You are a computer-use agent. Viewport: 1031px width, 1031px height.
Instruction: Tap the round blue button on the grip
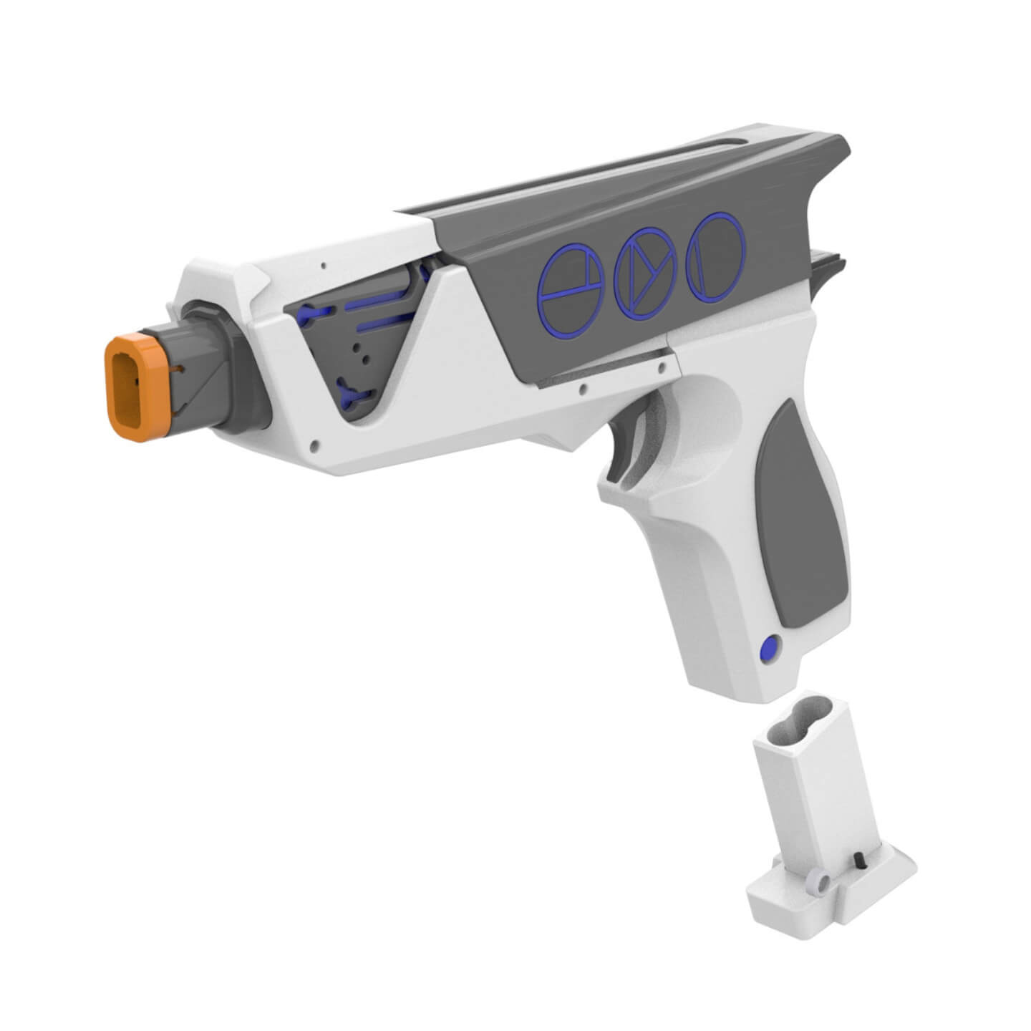tap(769, 649)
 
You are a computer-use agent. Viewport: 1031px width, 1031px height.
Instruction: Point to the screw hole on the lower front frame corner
tap(312, 445)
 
